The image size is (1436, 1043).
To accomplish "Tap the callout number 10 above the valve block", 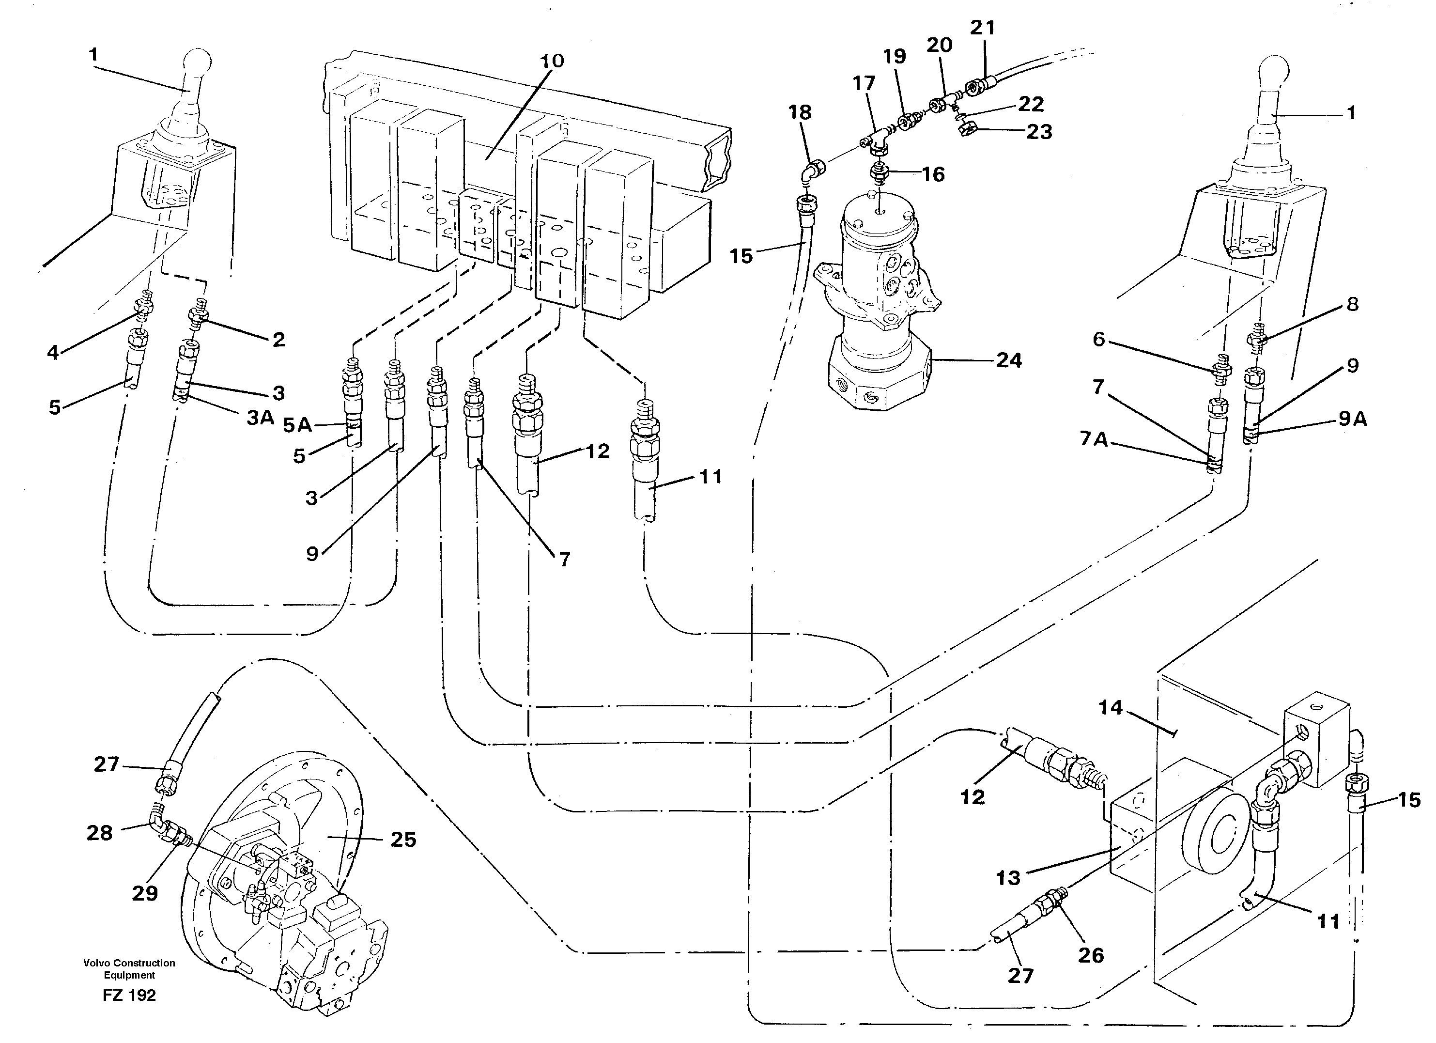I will (552, 62).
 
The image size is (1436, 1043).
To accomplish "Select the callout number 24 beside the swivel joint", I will (1009, 360).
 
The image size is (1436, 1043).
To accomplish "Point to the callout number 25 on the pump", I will (403, 840).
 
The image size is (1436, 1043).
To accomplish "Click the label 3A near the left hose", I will (260, 417).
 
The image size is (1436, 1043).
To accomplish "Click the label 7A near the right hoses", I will (1094, 439).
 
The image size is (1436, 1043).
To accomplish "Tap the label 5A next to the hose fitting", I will (297, 425).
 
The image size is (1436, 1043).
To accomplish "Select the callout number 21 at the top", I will (983, 28).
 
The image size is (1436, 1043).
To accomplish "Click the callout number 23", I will (1038, 132).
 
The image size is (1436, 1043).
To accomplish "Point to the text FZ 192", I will (129, 995).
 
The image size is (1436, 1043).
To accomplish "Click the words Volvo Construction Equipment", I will (129, 969).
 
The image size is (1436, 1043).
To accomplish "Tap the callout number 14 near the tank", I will (1110, 707).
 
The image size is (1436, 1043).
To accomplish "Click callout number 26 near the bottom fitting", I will (1091, 955).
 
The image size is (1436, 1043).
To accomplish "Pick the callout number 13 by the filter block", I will (1008, 878).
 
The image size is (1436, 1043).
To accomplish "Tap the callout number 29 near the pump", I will (144, 893).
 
